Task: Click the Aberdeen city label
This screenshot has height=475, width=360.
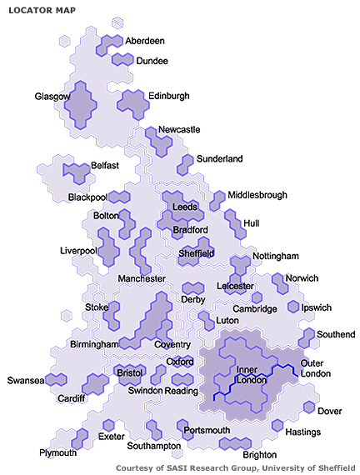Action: tap(145, 41)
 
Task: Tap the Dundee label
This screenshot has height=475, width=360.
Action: tap(152, 61)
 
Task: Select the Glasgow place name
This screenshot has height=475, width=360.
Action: tap(52, 97)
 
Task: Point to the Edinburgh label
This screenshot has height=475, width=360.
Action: tap(169, 96)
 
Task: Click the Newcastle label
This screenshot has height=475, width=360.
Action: tap(179, 130)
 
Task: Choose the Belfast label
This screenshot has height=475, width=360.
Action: tap(105, 166)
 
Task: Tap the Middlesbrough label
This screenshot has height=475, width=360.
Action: tap(257, 195)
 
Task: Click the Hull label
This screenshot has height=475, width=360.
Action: tap(252, 223)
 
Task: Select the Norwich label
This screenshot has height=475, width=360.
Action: tap(302, 278)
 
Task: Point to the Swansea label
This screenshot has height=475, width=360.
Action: tap(25, 381)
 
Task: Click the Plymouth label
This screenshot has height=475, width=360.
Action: tap(57, 452)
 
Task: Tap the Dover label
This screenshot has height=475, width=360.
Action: tap(330, 411)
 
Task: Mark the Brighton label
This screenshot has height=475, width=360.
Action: tap(259, 455)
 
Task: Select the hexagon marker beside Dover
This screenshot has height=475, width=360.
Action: tap(309, 407)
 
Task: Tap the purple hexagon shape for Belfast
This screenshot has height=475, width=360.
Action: tap(77, 172)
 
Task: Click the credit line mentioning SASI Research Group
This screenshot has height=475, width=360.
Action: tap(236, 468)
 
